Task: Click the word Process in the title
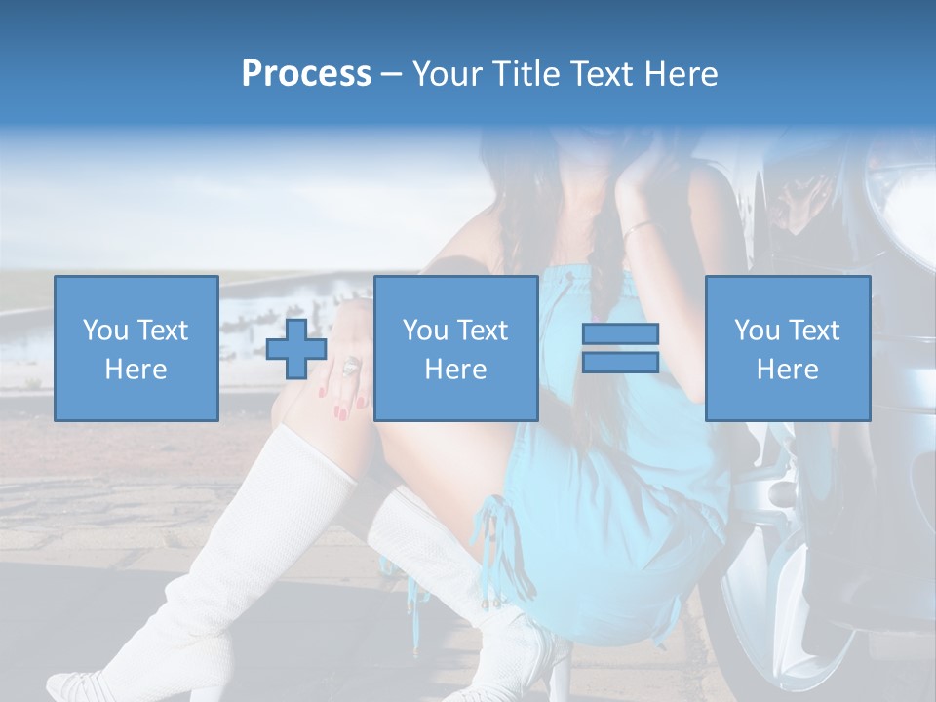pos(306,74)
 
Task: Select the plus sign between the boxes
pos(296,349)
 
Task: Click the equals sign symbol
pos(620,349)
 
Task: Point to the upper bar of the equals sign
pos(620,334)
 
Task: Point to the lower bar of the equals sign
pos(620,363)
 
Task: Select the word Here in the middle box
pos(455,370)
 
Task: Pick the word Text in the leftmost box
pos(162,331)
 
